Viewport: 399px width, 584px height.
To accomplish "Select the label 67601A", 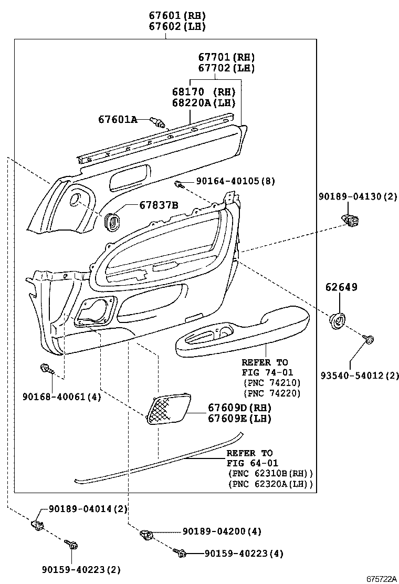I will pos(118,120).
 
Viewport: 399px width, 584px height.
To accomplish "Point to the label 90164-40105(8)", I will pos(236,181).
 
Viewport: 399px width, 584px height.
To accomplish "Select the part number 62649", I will pos(341,287).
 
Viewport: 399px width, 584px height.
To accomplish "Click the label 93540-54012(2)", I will pos(360,376).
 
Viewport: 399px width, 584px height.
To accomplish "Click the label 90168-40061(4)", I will pos(62,397).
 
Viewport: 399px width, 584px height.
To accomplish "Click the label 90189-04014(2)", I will pos(88,509).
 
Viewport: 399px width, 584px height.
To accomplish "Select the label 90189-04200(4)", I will pos(223,531).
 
